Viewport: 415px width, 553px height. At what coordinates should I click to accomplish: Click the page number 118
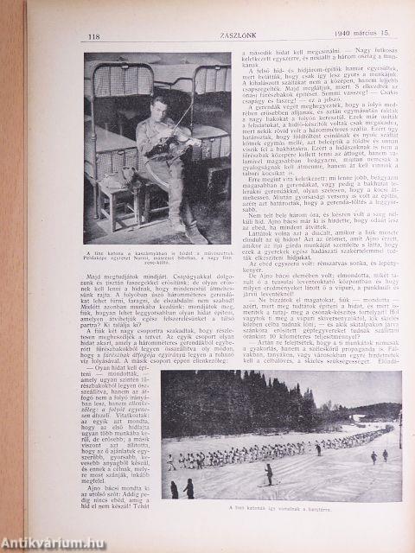pos(95,35)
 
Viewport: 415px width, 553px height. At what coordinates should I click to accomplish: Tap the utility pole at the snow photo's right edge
pos(399,432)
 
